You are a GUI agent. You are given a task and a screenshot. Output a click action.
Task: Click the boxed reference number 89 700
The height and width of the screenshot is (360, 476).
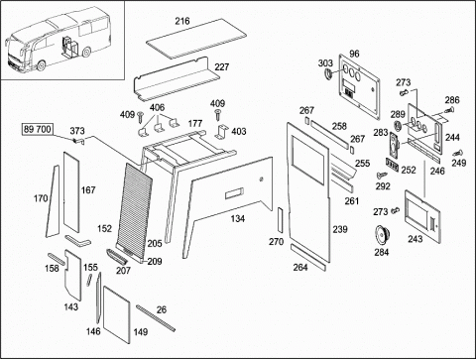[38, 129]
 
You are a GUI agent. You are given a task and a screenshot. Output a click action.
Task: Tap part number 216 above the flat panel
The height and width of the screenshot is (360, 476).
[182, 21]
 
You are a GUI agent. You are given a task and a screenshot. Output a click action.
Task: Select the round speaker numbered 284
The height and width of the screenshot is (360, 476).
[382, 235]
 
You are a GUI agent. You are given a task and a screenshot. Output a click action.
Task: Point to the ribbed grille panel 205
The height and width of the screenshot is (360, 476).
[135, 210]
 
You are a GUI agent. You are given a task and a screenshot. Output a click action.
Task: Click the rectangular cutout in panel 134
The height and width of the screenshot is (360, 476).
[234, 193]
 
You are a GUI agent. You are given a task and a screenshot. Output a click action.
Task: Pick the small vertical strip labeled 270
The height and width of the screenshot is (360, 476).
[281, 221]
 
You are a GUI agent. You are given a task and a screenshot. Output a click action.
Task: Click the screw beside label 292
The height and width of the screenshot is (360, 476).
[382, 174]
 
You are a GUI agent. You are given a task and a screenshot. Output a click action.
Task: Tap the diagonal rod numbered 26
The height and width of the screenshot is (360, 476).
[156, 317]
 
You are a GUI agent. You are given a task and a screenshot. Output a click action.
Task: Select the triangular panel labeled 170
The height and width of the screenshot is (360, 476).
[53, 201]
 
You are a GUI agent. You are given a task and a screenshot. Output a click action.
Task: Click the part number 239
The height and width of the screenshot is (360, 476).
[340, 229]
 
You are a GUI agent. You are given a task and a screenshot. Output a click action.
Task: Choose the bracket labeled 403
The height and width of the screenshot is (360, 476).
[222, 132]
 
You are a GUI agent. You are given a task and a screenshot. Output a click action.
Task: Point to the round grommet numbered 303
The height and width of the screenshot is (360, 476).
[328, 74]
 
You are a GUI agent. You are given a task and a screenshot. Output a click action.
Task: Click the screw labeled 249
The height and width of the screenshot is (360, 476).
[458, 154]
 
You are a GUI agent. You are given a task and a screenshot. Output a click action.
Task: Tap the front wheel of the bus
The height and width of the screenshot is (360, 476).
[41, 65]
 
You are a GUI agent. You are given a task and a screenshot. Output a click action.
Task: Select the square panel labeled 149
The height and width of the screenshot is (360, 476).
[117, 314]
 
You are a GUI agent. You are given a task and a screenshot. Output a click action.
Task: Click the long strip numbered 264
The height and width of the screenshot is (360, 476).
[308, 258]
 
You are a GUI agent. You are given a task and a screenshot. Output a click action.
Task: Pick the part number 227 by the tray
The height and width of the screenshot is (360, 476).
[222, 67]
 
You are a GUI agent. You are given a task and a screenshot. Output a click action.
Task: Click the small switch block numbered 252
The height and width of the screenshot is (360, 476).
[392, 165]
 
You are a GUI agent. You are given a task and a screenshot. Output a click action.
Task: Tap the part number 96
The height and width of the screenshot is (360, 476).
[354, 54]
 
